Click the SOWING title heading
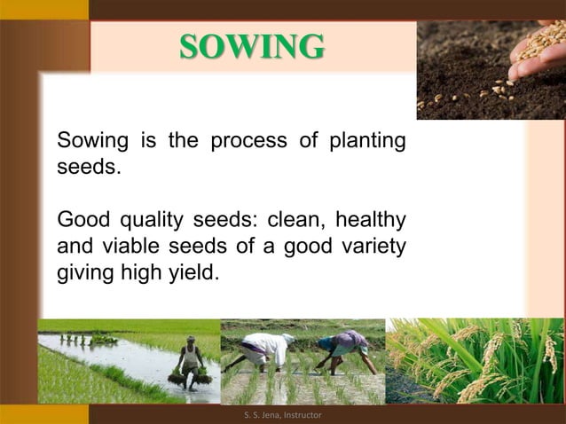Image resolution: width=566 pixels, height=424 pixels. tap(253, 45)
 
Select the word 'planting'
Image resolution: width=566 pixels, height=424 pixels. tap(367, 141)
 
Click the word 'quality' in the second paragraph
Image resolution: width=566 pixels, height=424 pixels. tap(138, 219)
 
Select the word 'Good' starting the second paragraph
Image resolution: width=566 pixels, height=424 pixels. tap(79, 219)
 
